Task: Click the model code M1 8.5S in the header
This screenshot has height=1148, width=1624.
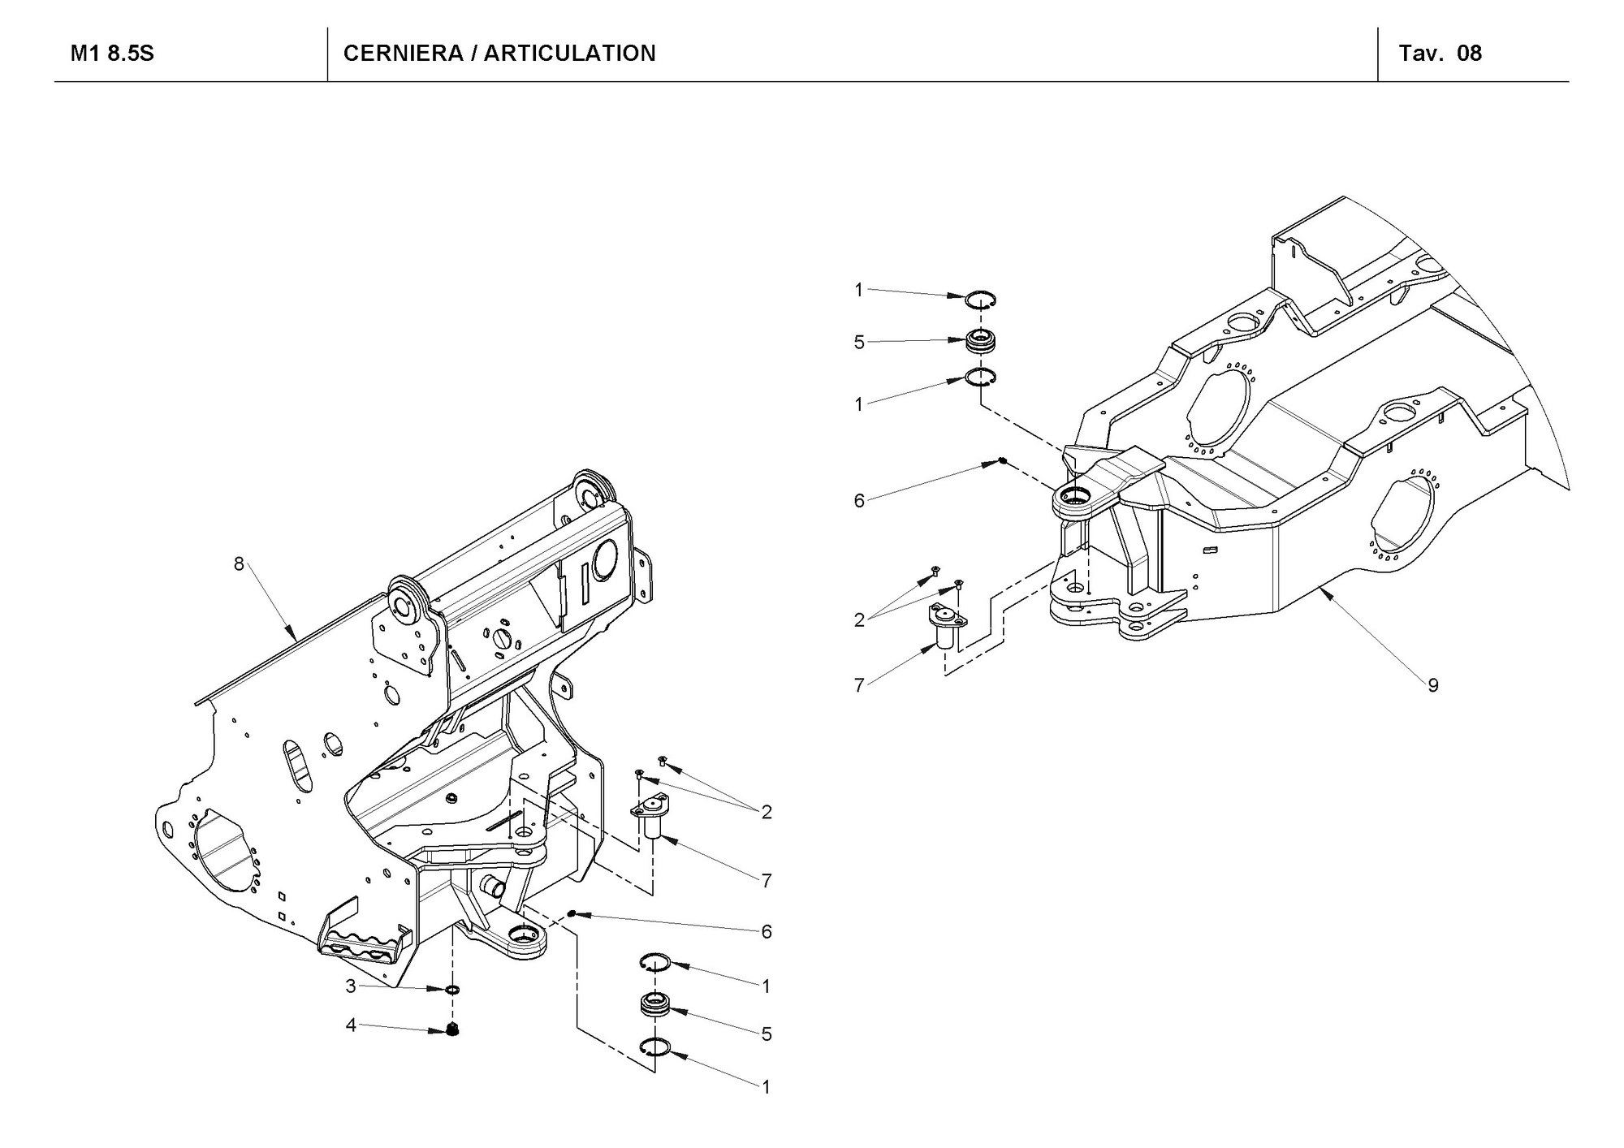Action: coord(112,54)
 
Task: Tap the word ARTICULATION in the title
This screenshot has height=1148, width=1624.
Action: coord(575,54)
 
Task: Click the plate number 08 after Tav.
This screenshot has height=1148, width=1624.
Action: coord(1470,54)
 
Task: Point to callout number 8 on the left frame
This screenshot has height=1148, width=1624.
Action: coord(239,563)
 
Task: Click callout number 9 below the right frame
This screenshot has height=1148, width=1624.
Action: coord(1433,685)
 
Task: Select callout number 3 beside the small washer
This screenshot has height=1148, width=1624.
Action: coord(351,986)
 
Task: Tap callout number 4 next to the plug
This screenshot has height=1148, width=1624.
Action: coord(351,1025)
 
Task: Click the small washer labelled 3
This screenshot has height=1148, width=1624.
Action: coord(452,990)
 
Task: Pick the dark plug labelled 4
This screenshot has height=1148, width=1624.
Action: coord(453,1030)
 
